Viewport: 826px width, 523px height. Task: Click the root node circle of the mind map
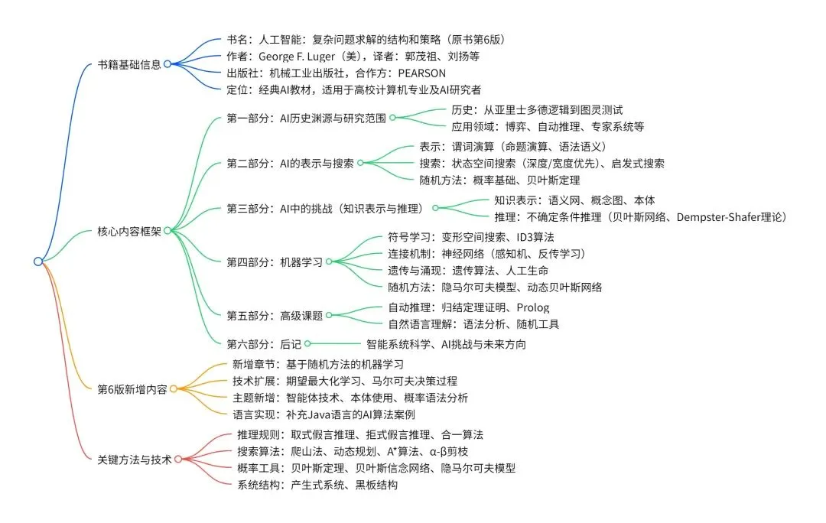(38, 261)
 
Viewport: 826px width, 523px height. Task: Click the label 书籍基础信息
(129, 64)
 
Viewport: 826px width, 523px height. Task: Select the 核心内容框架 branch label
(129, 230)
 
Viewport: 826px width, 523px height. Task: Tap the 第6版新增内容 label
(132, 388)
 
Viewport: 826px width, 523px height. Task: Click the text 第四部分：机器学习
(274, 261)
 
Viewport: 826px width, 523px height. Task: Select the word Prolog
(533, 307)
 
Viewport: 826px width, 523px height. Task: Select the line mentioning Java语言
(324, 414)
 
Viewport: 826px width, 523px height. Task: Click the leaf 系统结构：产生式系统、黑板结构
(317, 485)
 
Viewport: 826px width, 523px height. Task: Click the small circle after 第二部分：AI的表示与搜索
(360, 162)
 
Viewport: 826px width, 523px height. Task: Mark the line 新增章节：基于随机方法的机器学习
(318, 364)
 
